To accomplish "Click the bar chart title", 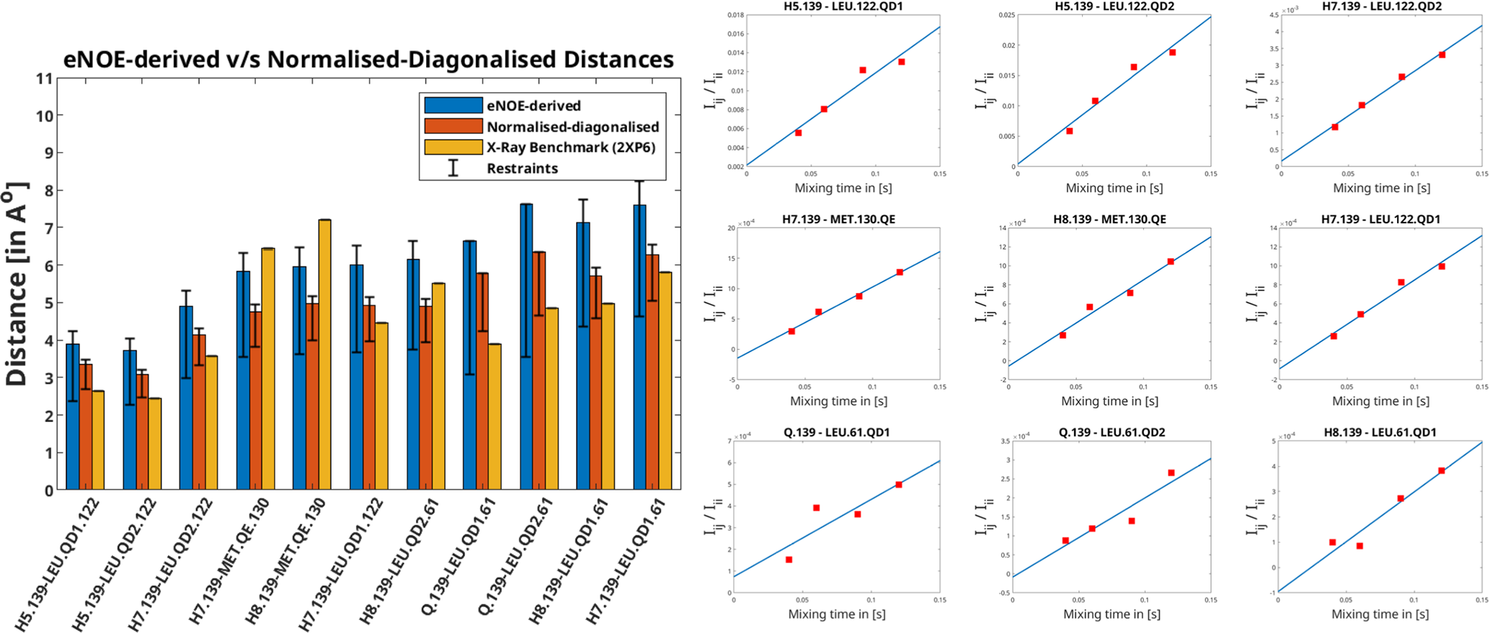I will (368, 59).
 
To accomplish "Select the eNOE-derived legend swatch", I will (453, 105).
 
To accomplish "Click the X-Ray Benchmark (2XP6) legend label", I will (571, 148).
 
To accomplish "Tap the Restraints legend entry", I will (522, 169).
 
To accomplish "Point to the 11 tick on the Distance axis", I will (45, 78).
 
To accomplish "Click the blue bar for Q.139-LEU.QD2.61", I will (526, 346).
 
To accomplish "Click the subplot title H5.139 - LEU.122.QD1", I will (843, 6).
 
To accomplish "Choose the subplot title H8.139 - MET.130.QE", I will (1109, 219).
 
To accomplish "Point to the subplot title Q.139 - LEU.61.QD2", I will (1112, 432).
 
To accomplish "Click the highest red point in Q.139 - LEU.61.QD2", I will (1171, 473).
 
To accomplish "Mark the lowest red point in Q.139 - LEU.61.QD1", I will (789, 560).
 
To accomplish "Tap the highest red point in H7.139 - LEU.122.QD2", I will (1442, 55).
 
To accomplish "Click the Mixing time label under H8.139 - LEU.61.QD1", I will (1380, 614).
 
